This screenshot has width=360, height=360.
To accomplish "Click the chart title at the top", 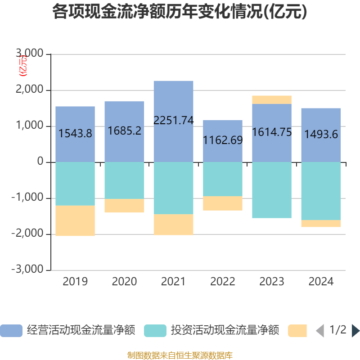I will click(x=180, y=12).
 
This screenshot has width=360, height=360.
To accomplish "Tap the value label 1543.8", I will click(x=75, y=133).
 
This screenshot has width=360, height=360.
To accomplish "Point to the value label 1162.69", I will click(x=223, y=140).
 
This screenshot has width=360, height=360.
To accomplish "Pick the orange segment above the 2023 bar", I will click(x=271, y=99).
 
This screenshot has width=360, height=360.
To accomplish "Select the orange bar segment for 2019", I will click(x=75, y=220).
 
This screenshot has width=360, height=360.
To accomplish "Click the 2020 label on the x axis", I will click(x=124, y=282).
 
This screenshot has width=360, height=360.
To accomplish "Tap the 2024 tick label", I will click(x=321, y=282).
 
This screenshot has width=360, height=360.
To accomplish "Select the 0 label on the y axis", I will click(x=40, y=162).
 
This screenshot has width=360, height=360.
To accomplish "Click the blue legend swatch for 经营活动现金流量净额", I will click(x=11, y=331).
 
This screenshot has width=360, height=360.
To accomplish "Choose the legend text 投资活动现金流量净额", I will click(x=225, y=331).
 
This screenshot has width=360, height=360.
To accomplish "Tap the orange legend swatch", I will click(x=297, y=331).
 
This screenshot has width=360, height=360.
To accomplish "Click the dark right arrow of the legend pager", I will click(x=355, y=331).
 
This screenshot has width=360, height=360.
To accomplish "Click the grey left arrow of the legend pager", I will click(x=320, y=331).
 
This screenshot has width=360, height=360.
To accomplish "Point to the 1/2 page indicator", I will click(x=337, y=330).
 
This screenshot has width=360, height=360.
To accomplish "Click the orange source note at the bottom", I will click(x=180, y=355).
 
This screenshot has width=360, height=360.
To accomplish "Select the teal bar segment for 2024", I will click(x=321, y=191).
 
